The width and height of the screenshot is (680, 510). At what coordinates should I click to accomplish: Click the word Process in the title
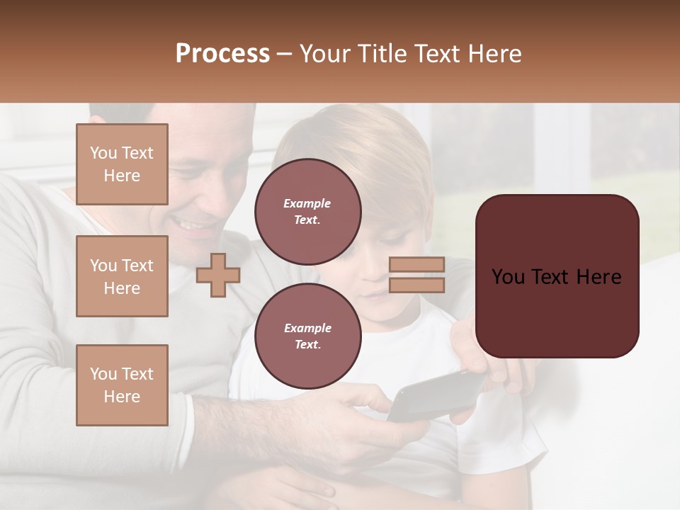[x=222, y=54]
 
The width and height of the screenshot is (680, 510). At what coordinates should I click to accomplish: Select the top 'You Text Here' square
[x=122, y=164]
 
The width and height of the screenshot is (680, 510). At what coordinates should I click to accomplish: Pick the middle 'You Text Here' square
[x=122, y=276]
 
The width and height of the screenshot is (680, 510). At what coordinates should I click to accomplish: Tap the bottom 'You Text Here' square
[x=122, y=385]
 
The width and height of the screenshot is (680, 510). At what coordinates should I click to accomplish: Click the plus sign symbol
[x=218, y=275]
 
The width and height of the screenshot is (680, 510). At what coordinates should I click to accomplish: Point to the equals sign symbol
[x=416, y=275]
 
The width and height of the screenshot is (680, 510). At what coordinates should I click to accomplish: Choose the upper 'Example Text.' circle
[x=308, y=211]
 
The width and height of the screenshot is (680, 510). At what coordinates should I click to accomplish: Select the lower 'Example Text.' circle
[x=308, y=336]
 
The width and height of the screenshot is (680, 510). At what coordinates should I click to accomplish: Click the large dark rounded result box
[x=557, y=276]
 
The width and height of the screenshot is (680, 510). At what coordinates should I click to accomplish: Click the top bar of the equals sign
[x=416, y=264]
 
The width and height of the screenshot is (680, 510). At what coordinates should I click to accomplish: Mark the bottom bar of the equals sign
[x=416, y=285]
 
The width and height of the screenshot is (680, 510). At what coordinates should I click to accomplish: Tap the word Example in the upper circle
[x=307, y=203]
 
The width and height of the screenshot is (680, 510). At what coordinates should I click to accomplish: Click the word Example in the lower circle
[x=307, y=328]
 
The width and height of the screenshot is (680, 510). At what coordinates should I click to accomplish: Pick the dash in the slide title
[x=284, y=54]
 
